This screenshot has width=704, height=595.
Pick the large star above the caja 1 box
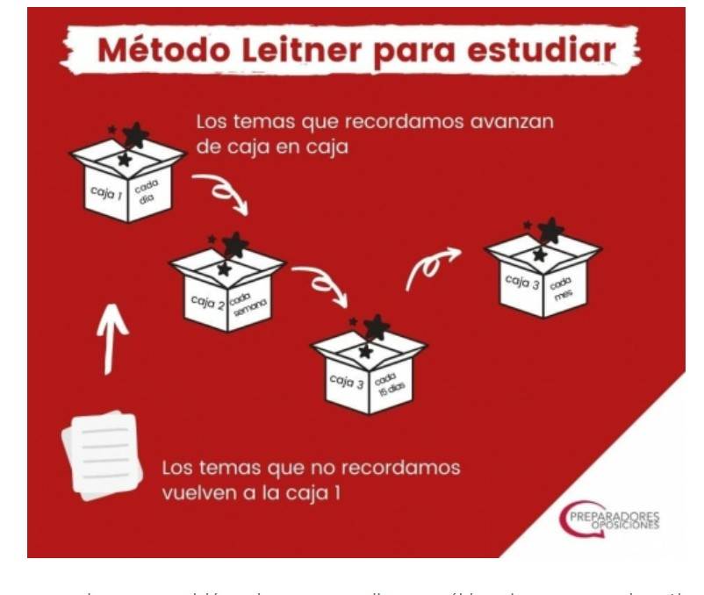pyautogui.click(x=135, y=135)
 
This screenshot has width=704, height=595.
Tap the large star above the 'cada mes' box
pyautogui.click(x=550, y=231)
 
